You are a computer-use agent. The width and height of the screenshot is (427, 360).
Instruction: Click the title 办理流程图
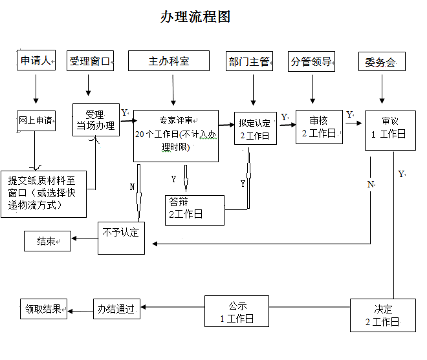click(x=195, y=17)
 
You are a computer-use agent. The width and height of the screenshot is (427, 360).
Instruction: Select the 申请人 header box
click(x=36, y=61)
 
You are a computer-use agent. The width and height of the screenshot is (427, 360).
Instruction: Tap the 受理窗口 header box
click(x=91, y=61)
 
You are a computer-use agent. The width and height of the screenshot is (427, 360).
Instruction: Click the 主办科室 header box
click(x=169, y=61)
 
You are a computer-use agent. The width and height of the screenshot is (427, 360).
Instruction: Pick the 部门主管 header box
click(x=249, y=62)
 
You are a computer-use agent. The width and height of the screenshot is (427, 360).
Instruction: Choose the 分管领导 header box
click(x=311, y=62)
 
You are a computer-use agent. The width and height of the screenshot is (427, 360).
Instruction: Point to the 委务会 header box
click(x=381, y=63)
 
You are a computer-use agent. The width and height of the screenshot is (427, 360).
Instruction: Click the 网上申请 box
click(x=36, y=120)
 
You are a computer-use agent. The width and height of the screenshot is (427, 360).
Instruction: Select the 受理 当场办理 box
click(x=96, y=120)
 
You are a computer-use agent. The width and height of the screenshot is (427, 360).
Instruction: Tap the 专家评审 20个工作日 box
click(x=175, y=134)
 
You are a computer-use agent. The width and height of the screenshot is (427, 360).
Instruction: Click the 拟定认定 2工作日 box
click(x=254, y=129)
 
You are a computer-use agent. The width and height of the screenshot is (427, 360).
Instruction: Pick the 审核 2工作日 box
click(x=319, y=127)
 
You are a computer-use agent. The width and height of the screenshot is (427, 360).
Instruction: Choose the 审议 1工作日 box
click(x=389, y=129)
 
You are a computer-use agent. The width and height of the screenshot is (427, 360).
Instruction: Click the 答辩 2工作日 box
click(x=194, y=209)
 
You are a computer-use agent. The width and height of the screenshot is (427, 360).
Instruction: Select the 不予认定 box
click(x=121, y=237)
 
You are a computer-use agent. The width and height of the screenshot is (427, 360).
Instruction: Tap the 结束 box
click(x=47, y=241)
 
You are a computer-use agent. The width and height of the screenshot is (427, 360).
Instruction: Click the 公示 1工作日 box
click(x=237, y=312)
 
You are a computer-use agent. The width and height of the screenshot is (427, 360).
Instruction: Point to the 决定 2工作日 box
click(x=382, y=315)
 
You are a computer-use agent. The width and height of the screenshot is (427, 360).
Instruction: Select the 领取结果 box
click(x=44, y=309)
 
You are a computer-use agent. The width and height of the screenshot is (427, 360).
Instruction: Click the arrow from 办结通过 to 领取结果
click(x=80, y=312)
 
